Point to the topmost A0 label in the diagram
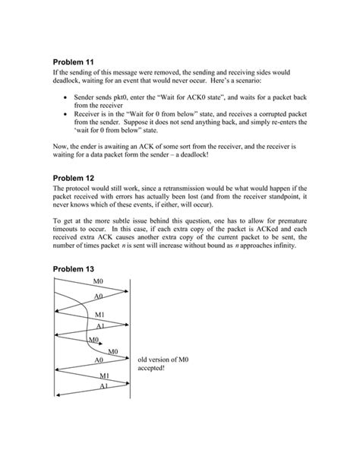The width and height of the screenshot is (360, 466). pos(98,296)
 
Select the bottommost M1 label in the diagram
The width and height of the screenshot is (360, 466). pos(106,376)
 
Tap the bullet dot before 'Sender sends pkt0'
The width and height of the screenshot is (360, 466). pos(69,98)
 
